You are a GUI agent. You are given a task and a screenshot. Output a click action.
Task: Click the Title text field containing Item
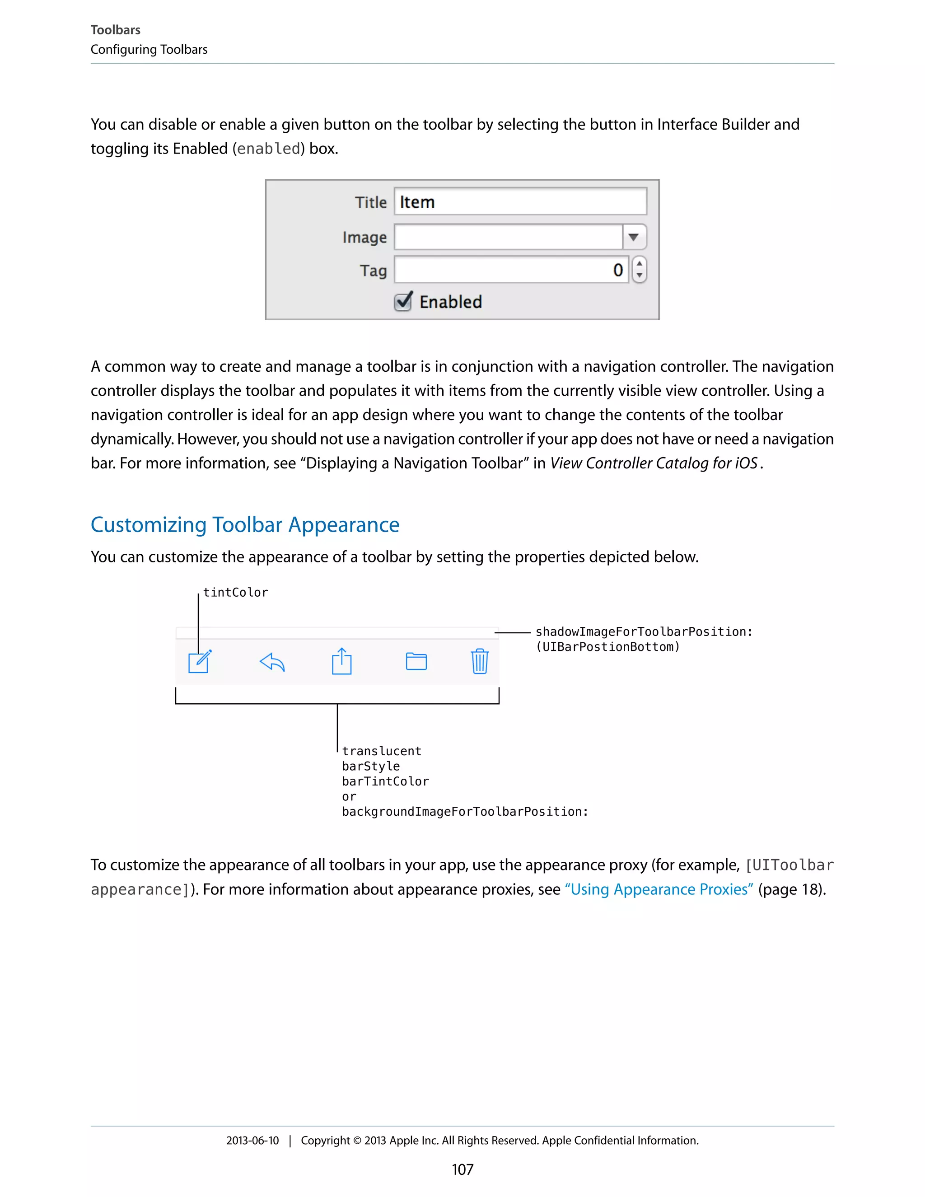coord(519,202)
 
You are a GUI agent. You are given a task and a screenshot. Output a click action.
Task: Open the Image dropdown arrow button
coord(634,237)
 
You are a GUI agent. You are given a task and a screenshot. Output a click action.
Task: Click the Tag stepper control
coord(639,270)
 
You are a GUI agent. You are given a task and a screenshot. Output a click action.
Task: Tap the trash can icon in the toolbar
coord(480,662)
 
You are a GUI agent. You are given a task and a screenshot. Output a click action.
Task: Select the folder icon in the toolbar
coord(416,662)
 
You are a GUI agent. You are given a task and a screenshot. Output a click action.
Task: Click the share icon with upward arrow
coord(341,662)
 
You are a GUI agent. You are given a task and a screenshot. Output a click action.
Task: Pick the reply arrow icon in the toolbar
coord(272,662)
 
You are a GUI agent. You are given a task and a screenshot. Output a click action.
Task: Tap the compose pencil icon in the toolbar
coord(200,662)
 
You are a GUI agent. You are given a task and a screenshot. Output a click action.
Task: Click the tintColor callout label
coord(236,593)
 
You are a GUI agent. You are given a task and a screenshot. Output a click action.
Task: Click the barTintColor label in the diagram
coord(385,781)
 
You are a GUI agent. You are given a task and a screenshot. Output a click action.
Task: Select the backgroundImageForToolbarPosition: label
coord(465,812)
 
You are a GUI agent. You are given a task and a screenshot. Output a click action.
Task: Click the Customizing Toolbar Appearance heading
coord(245,525)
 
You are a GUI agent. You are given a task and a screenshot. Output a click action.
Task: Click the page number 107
coord(462,1169)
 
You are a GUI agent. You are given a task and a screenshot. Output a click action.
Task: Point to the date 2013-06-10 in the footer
coord(252,1141)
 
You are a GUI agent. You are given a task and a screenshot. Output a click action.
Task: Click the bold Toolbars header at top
coord(115,30)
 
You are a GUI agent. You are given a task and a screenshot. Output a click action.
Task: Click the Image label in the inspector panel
coord(364,237)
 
